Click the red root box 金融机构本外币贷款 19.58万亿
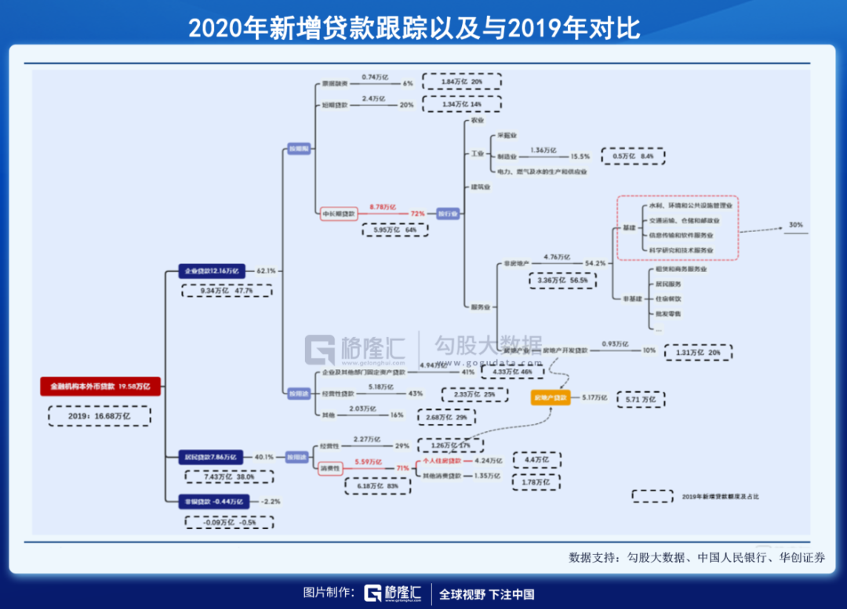100,386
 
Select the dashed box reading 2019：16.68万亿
99,415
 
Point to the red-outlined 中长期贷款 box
339,213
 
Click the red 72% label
417,213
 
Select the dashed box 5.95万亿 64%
395,230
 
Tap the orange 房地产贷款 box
551,398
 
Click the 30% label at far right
796,226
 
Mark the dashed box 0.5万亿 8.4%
632,156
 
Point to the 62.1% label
267,270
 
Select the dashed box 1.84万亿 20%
461,82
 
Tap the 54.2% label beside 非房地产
596,263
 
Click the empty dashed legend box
653,496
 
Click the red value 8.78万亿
385,205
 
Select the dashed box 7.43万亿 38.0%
228,476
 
